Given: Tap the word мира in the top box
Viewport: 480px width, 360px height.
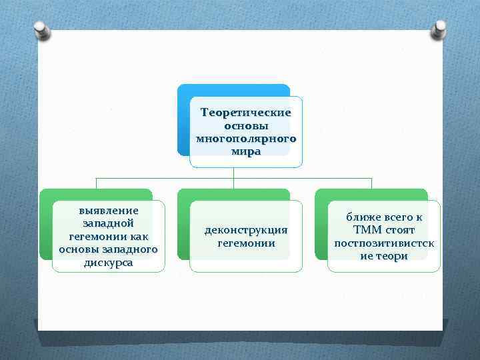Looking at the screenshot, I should [246, 151].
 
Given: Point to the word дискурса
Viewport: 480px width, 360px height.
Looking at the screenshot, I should [108, 263].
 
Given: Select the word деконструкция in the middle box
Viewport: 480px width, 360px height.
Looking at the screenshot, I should [246, 229].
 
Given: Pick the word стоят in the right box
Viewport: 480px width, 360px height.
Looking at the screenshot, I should [400, 230].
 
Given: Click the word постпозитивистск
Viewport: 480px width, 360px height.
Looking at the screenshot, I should [384, 243].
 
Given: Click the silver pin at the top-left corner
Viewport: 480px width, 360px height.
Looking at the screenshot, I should [40, 30].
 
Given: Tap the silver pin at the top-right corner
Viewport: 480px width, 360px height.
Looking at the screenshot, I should [439, 30].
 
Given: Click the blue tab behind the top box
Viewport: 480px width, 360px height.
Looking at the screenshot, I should [183, 120].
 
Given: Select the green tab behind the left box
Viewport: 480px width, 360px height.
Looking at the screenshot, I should [45, 227].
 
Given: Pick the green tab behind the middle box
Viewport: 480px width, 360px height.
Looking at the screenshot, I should [183, 227].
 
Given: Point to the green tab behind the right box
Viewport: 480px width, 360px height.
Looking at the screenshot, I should [321, 227].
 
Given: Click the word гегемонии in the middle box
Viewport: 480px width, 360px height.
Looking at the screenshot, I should [246, 243].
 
